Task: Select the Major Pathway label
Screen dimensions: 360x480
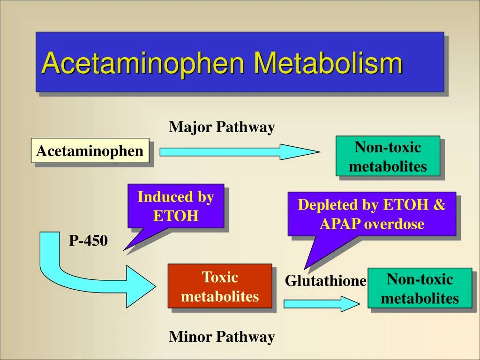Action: tap(222, 127)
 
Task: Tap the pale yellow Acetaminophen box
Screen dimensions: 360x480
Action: tap(90, 151)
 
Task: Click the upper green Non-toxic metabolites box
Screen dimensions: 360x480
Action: tap(388, 157)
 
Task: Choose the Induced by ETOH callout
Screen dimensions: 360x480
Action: tap(176, 206)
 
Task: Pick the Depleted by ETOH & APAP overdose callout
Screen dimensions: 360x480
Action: tap(372, 214)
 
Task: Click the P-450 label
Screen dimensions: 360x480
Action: tap(89, 241)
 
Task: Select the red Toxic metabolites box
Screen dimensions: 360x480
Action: tap(220, 286)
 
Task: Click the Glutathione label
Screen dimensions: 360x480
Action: tap(326, 281)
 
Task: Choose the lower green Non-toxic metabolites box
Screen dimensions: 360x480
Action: tap(420, 288)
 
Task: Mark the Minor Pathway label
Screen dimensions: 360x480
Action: tap(222, 337)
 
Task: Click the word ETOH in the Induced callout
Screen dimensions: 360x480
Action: tap(176, 216)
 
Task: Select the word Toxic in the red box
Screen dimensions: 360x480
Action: tap(220, 277)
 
